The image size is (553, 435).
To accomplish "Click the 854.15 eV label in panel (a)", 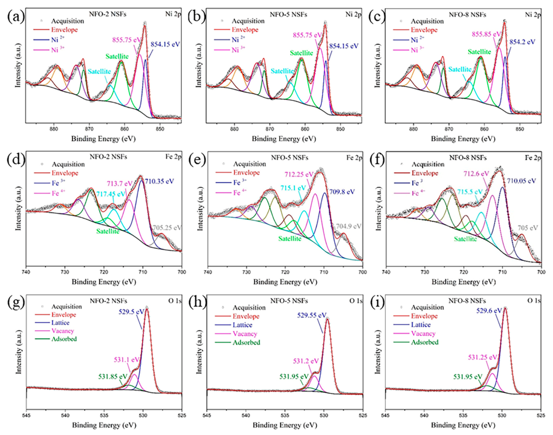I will click(x=165, y=44).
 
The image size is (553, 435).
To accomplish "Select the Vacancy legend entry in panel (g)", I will click(x=63, y=331).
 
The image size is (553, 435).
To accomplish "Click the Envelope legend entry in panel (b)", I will click(x=245, y=30).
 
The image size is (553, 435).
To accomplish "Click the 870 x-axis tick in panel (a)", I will click(x=89, y=129).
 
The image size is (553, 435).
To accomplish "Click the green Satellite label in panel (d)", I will click(x=108, y=231).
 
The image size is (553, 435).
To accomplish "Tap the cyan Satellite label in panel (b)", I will click(x=282, y=71).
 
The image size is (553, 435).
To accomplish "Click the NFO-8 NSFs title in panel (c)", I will click(x=467, y=15).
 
